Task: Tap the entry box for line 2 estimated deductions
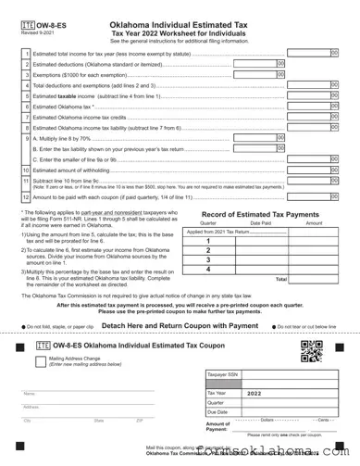click(x=257, y=65)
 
